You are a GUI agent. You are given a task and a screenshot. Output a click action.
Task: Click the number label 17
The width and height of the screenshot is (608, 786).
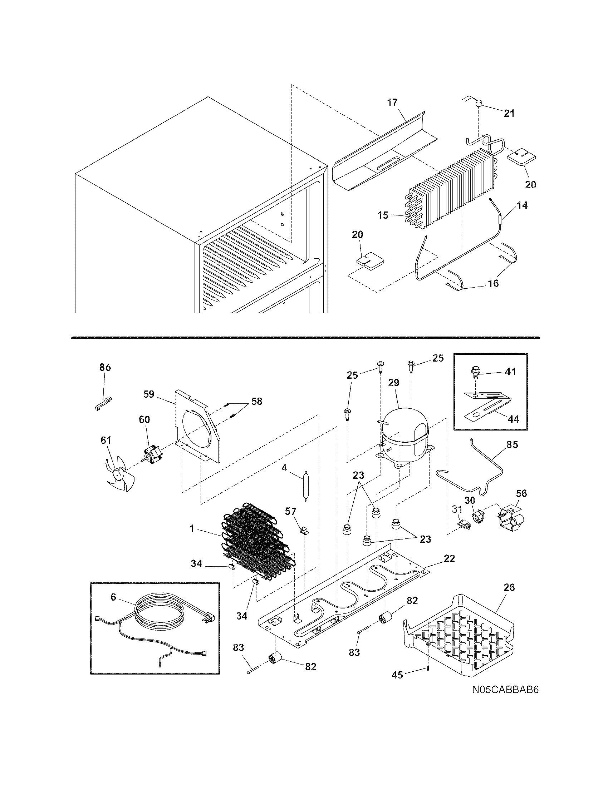pos(392,103)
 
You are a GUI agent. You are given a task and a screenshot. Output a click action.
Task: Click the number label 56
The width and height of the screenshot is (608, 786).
pos(521,493)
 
